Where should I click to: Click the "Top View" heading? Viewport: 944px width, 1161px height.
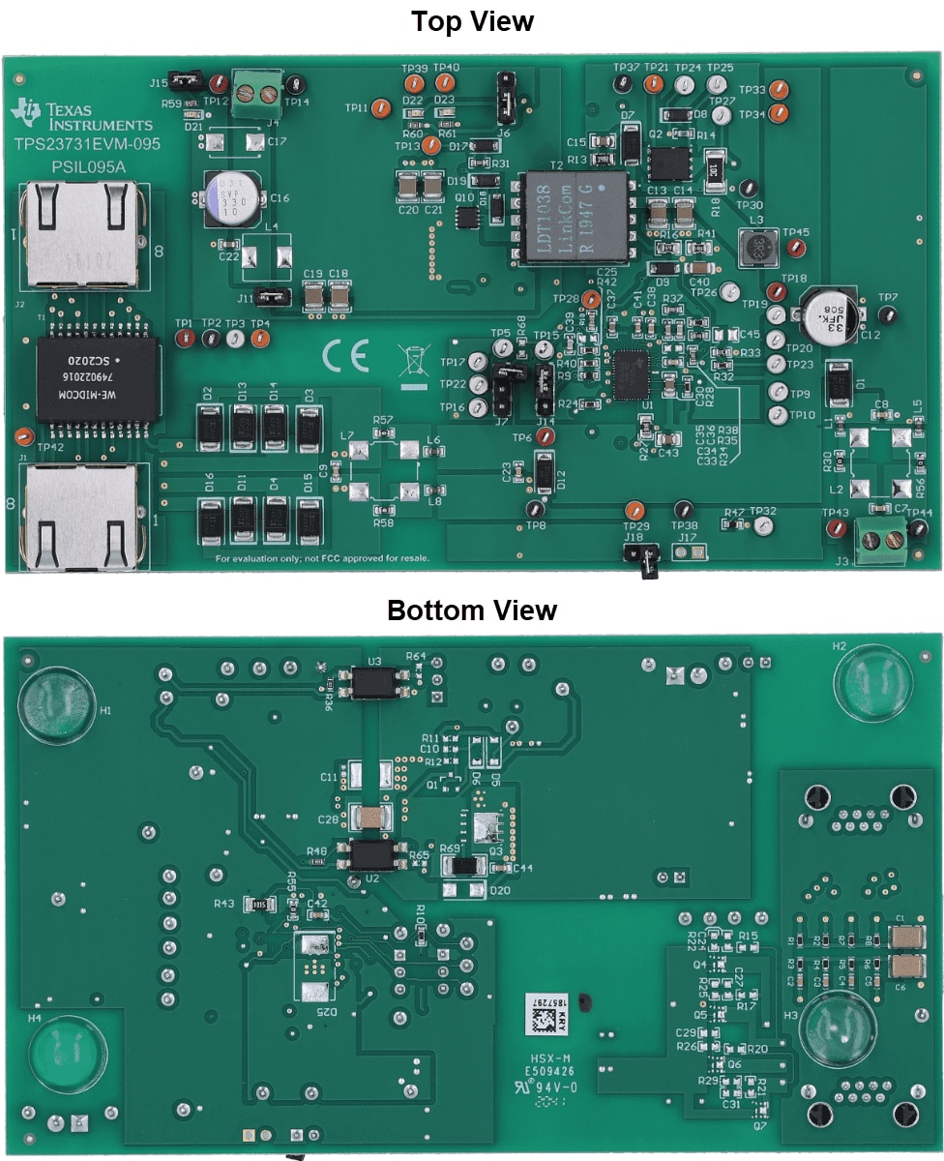coord(472,21)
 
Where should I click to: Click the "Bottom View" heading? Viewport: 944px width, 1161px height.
coord(472,610)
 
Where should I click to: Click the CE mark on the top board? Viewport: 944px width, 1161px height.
coord(345,358)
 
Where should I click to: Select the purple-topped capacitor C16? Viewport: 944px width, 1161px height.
coord(228,197)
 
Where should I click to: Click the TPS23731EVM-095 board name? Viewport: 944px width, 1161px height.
coord(86,144)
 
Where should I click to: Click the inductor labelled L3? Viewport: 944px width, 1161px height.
coord(757,248)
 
